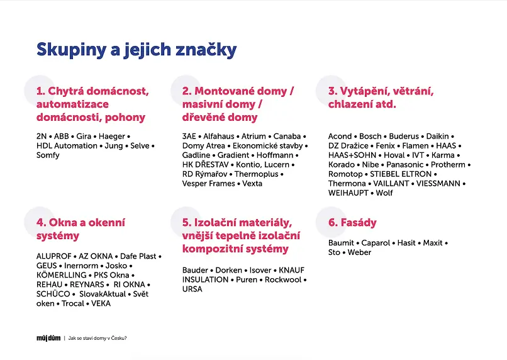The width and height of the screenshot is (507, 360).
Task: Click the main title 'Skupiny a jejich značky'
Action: point(136,50)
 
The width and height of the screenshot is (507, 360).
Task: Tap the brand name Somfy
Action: point(48,155)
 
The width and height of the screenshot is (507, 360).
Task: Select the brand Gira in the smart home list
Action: point(84,136)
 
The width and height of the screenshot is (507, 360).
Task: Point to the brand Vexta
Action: point(252,183)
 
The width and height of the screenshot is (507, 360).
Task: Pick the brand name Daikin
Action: point(437,136)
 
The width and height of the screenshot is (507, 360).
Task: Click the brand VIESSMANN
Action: point(438,183)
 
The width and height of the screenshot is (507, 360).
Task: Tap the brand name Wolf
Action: point(384,193)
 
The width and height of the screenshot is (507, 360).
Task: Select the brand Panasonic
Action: point(405,165)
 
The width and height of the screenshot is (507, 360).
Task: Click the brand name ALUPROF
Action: point(54,256)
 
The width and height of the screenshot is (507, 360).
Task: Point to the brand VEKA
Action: point(101,303)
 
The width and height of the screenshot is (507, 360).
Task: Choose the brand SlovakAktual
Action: point(103,294)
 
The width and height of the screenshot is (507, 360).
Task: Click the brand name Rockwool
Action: point(283,279)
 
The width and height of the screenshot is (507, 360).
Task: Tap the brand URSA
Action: point(192,289)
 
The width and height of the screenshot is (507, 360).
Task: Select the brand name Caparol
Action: point(376,243)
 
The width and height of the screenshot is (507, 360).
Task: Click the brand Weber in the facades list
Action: point(359,252)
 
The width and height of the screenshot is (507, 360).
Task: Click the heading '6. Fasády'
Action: point(352,223)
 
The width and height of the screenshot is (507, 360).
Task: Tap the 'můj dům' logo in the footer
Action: point(48,339)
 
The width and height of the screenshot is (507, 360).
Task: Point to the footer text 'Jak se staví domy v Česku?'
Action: point(97,339)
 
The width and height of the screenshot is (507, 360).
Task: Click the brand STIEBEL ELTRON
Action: point(401,174)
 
